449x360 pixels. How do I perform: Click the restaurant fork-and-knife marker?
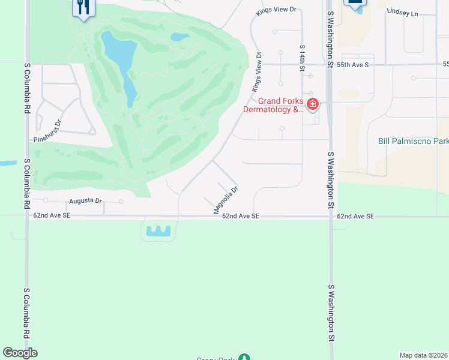pyautogui.click(x=82, y=7)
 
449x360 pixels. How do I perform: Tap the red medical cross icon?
pyautogui.click(x=312, y=105)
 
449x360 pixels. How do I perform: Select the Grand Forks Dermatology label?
pyautogui.click(x=273, y=105)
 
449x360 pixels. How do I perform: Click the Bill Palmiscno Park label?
pyautogui.click(x=413, y=142)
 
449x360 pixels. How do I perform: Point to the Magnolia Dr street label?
pyautogui.click(x=226, y=200)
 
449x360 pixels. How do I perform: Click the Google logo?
pyautogui.click(x=20, y=353)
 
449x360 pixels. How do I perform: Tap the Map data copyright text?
pyautogui.click(x=424, y=355)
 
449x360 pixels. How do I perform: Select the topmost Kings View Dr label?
pyautogui.click(x=277, y=10)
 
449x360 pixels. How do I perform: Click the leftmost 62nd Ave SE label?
pyautogui.click(x=52, y=215)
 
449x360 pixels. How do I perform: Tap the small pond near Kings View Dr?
pyautogui.click(x=180, y=37)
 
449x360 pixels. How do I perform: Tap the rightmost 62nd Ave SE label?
pyautogui.click(x=355, y=216)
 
